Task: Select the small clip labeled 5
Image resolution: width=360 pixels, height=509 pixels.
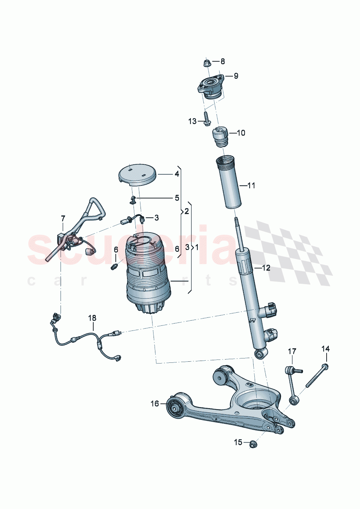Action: (x=133, y=199)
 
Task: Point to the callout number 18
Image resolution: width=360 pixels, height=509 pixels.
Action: (x=92, y=318)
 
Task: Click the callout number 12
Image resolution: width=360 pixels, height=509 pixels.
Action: (x=266, y=268)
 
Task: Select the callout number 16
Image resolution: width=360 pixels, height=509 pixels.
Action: (x=155, y=404)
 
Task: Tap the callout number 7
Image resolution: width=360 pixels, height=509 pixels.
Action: (x=63, y=218)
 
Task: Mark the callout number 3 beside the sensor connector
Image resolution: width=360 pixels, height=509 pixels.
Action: (x=156, y=218)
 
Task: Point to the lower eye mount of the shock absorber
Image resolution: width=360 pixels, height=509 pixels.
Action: (x=260, y=353)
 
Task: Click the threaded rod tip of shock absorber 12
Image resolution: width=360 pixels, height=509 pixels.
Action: (x=238, y=223)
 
